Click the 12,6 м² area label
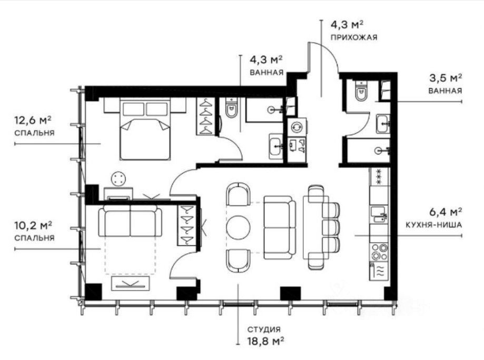(x=33, y=121)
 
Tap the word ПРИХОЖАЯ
(x=354, y=38)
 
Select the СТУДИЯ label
(x=264, y=329)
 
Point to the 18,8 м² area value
(x=265, y=341)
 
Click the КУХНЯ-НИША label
(x=433, y=225)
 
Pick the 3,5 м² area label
(x=446, y=78)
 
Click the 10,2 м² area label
(x=33, y=225)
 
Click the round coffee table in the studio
(x=238, y=227)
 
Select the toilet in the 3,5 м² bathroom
(x=361, y=91)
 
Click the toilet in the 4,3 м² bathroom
(x=231, y=108)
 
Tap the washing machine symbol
(x=297, y=127)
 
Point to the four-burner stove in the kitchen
(x=379, y=252)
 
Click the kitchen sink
(x=379, y=214)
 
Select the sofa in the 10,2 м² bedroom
(x=130, y=221)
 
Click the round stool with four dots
(x=118, y=179)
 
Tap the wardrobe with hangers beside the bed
(x=206, y=117)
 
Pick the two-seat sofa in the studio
(x=279, y=228)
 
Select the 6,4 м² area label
(x=446, y=213)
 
